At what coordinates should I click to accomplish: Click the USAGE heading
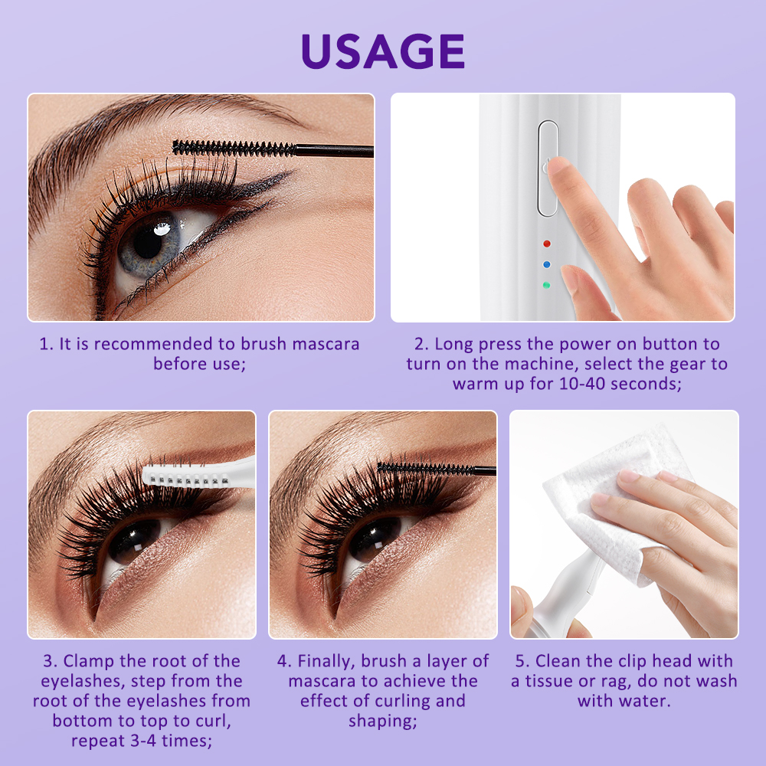click(x=383, y=51)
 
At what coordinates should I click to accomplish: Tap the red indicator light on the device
click(x=547, y=244)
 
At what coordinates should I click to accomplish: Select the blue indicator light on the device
click(x=547, y=264)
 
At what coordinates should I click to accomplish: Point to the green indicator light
click(x=546, y=285)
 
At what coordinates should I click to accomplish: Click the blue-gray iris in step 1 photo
click(x=146, y=244)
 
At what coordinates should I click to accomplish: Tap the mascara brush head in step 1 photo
click(x=234, y=149)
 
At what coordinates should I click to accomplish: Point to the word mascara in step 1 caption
click(x=326, y=344)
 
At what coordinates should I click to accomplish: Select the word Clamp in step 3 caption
click(x=89, y=662)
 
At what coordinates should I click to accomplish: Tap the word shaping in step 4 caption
click(x=383, y=722)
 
